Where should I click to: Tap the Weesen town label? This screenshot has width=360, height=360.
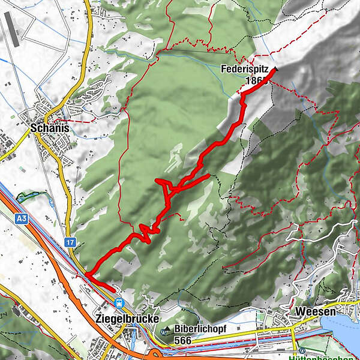pos(314,313)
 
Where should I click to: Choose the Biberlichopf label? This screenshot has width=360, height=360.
pos(200,329)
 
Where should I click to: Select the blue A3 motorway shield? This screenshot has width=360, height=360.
pos(22,220)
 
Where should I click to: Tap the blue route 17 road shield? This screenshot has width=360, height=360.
pos(71,242)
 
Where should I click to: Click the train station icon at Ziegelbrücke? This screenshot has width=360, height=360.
pos(119,303)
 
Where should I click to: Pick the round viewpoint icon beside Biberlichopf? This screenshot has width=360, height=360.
pos(166,329)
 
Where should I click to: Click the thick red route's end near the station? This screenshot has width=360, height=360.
pos(113,289)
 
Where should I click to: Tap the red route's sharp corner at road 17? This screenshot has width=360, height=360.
pos(85,275)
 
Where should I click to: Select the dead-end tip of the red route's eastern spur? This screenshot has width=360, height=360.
pos(208,176)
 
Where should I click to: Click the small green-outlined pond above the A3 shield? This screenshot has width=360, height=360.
pos(25,196)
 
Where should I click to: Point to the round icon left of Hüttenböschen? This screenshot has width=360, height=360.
pos(303,351)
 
